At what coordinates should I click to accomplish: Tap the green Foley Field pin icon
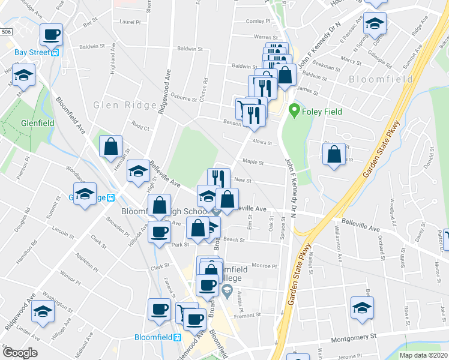[x=294, y=110]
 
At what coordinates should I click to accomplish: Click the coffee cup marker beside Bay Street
[x=52, y=34]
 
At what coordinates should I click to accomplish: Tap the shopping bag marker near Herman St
[x=111, y=146]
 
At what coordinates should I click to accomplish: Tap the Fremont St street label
[x=249, y=314]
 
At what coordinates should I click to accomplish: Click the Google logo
[x=19, y=353]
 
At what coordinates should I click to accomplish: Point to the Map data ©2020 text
[x=423, y=355]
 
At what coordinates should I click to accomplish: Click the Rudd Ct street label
[x=140, y=127]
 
